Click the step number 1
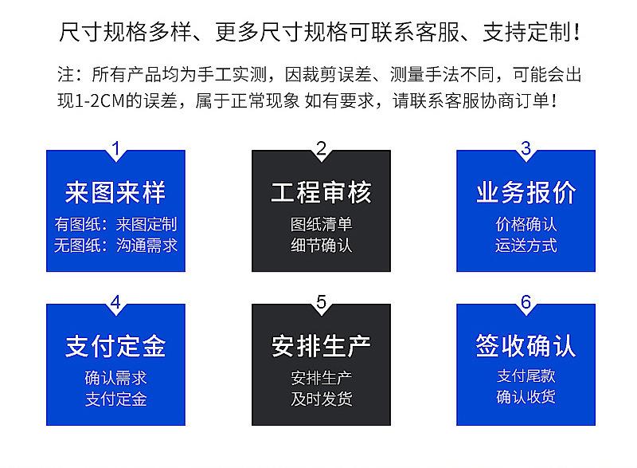click(116, 149)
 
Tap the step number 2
click(322, 149)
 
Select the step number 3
click(526, 149)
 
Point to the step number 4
click(115, 302)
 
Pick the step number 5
click(322, 302)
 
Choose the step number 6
click(526, 302)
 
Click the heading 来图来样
click(115, 192)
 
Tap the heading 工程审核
click(322, 192)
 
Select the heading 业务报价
click(526, 192)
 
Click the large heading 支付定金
click(115, 346)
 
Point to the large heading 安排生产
click(322, 346)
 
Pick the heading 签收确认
click(526, 346)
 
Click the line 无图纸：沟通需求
click(115, 246)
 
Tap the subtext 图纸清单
click(322, 225)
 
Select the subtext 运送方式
click(526, 246)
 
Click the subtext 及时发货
click(322, 399)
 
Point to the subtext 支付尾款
click(526, 376)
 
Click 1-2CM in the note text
click(100, 100)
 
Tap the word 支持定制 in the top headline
click(527, 33)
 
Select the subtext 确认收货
click(526, 397)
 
